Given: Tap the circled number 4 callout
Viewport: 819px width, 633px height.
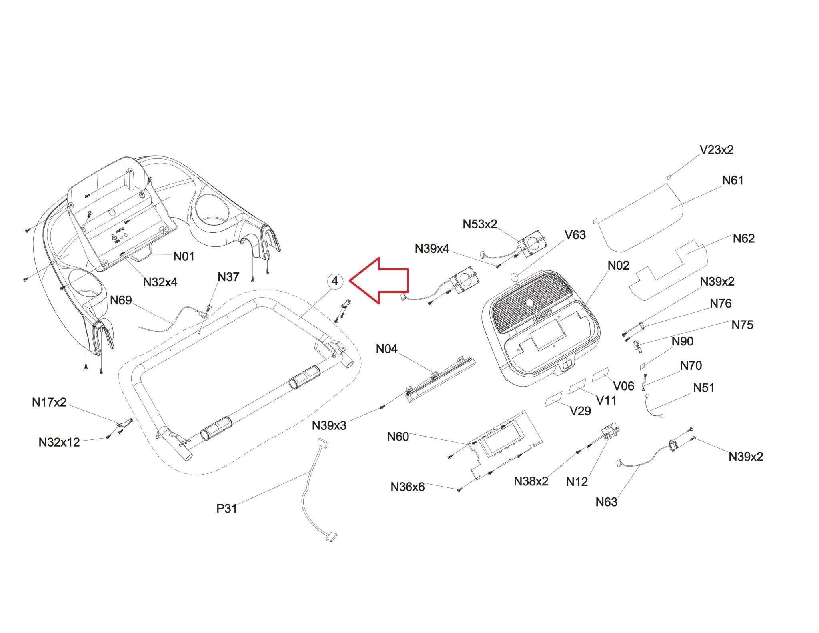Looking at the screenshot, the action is click(335, 281).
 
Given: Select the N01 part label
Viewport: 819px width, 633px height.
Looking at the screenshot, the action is click(184, 256).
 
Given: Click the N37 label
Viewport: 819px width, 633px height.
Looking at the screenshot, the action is click(228, 277).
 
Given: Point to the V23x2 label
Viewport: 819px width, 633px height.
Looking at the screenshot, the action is click(716, 150).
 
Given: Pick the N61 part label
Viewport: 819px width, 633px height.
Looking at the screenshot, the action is click(733, 180).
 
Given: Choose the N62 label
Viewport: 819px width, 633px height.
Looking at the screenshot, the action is click(743, 238).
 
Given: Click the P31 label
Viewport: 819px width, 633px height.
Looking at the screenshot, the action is click(227, 509).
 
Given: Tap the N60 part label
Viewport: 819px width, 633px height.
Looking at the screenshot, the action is click(398, 437).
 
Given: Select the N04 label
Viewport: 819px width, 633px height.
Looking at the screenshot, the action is click(386, 349).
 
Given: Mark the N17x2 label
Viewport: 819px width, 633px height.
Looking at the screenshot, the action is click(49, 402).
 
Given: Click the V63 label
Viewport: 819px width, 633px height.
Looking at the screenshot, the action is click(575, 235).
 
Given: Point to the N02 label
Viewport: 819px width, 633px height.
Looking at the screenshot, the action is click(618, 266).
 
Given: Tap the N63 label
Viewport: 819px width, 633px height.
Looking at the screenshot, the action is click(606, 502).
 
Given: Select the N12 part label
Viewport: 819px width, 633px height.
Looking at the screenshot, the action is click(577, 482).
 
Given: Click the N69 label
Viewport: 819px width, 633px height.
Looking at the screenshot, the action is click(121, 300).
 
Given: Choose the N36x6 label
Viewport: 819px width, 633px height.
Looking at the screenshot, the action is click(408, 487).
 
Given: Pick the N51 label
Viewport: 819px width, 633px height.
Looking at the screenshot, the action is click(703, 388).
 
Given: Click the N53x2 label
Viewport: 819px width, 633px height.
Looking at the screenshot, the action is click(480, 224).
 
